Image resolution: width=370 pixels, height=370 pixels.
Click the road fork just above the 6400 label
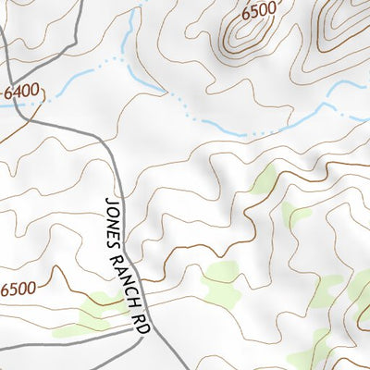(7, 66)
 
